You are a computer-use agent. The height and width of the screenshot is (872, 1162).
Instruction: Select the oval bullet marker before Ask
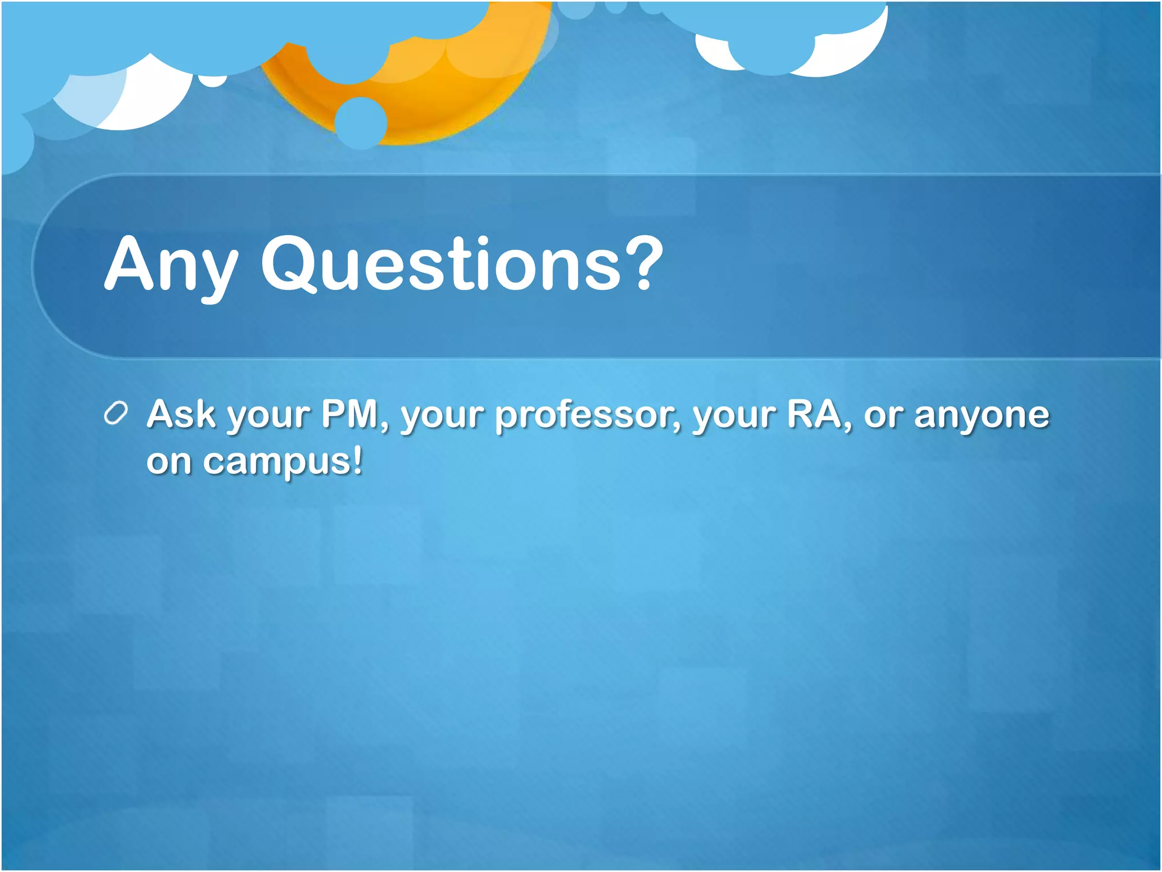point(116,414)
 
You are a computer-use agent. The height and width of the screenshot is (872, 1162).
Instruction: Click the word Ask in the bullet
point(181,414)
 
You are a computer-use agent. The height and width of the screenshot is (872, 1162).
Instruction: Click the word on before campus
point(169,462)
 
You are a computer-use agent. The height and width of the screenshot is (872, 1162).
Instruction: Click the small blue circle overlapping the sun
point(360,123)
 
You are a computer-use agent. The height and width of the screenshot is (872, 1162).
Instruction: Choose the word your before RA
point(734,417)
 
